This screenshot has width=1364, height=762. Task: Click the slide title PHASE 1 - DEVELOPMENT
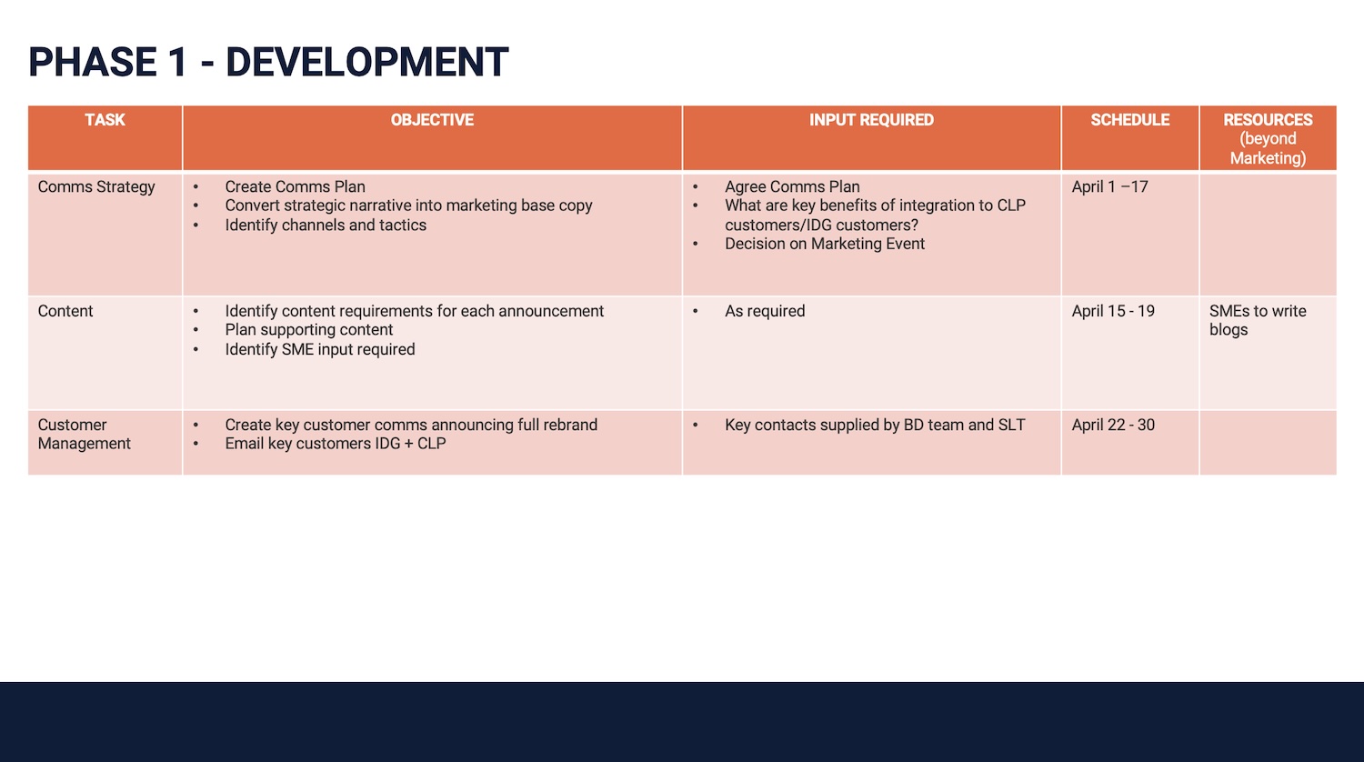268,62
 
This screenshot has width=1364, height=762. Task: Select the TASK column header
105,120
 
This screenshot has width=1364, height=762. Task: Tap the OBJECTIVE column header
432,120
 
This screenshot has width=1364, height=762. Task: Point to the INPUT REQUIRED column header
871,120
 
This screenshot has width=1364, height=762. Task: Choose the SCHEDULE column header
1130,120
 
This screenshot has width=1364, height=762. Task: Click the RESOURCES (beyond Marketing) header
1268,139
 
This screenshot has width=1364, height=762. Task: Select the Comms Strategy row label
96,187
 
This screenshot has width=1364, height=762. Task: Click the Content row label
65,311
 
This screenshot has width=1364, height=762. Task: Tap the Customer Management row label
84,435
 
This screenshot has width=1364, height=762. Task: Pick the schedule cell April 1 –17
1110,187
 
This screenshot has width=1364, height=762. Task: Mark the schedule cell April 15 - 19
1113,311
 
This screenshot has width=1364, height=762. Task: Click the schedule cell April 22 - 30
1113,426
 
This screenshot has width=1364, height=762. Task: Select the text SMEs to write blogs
1258,320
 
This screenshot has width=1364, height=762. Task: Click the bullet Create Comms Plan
296,187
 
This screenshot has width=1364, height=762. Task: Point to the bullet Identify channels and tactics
326,226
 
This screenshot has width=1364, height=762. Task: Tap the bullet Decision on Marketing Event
825,245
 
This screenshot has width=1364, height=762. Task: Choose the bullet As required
765,311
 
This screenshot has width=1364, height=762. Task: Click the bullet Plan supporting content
309,330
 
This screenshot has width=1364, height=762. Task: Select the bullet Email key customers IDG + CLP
336,444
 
